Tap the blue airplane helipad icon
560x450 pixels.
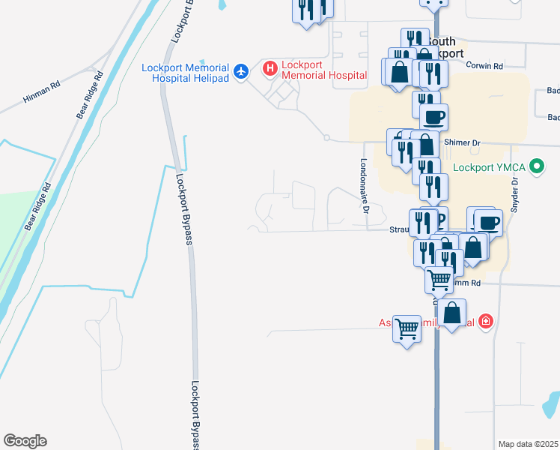[x=240, y=72]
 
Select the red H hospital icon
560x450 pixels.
[x=271, y=70]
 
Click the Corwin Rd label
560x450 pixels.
[x=484, y=66]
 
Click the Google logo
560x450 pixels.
[x=25, y=441]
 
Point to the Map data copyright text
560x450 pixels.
[x=529, y=444]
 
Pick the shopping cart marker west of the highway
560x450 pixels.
[x=407, y=328]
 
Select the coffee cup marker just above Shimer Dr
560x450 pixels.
[x=433, y=116]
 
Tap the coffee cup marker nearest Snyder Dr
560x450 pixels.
[x=489, y=222]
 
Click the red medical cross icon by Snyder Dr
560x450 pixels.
[x=486, y=321]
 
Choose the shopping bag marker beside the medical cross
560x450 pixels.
[x=452, y=313]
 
